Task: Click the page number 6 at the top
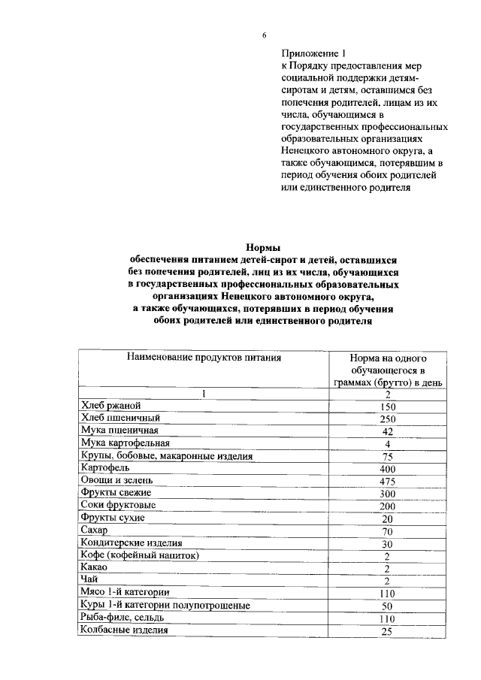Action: pyautogui.click(x=264, y=35)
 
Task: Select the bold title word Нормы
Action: pyautogui.click(x=263, y=247)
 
